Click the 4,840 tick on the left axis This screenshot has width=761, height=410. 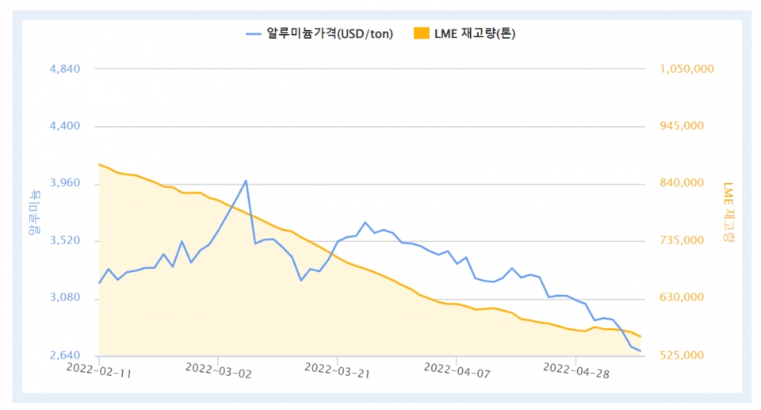coord(65,69)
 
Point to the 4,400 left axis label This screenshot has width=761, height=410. coord(65,126)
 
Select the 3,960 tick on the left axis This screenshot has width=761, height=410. coord(65,184)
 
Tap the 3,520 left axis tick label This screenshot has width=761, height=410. coord(65,241)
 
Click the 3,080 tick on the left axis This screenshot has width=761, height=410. coord(65,298)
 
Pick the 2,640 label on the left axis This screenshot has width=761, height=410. coord(65,356)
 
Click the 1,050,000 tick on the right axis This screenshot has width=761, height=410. coord(686,69)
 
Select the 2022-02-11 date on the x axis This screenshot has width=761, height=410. coord(99,371)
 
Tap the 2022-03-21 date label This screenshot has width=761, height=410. coord(337,371)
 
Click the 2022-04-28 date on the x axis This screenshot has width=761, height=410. coord(576,371)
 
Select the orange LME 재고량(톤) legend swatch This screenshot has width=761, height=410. coord(421,33)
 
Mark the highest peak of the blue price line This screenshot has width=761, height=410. coord(246,181)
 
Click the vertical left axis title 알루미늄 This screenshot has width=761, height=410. coord(33,213)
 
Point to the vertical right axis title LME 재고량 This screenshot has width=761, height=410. coord(729,213)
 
